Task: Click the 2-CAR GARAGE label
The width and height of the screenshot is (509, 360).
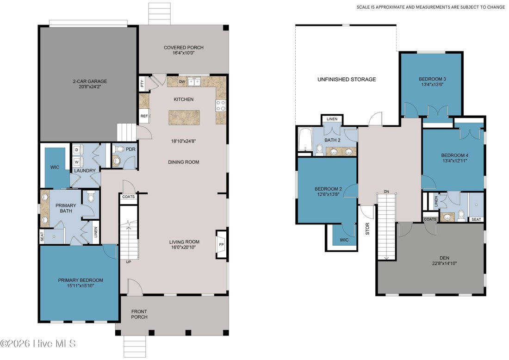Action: point(90,81)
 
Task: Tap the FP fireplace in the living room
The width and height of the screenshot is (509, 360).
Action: point(221,244)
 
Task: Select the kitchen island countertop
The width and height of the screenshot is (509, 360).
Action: point(184,118)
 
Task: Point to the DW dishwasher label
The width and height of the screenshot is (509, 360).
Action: point(182,81)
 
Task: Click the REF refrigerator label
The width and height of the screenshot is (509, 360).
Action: point(144,116)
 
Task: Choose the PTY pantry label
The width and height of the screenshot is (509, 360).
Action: point(142,84)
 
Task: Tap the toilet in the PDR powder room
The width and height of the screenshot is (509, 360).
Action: point(120,149)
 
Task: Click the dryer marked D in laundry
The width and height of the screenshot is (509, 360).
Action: point(77,149)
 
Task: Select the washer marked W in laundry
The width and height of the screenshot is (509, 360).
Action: point(77,161)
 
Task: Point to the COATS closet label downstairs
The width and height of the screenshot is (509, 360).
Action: point(129,197)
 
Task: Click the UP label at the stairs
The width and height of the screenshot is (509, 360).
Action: point(129,261)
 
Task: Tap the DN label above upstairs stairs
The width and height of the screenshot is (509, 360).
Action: point(386,192)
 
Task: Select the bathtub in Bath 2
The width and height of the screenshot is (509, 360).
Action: point(305,140)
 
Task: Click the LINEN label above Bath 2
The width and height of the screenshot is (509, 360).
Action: point(332,119)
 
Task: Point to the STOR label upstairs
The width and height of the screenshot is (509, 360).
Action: point(367,229)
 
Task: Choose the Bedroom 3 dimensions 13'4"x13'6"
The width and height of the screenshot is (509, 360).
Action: point(432,84)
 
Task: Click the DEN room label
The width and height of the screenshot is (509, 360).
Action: point(444,258)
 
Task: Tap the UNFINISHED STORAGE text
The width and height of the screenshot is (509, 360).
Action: point(347,79)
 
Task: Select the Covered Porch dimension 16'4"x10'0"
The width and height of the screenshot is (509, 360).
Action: point(184,53)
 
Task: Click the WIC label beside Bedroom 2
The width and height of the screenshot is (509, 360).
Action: point(344,240)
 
